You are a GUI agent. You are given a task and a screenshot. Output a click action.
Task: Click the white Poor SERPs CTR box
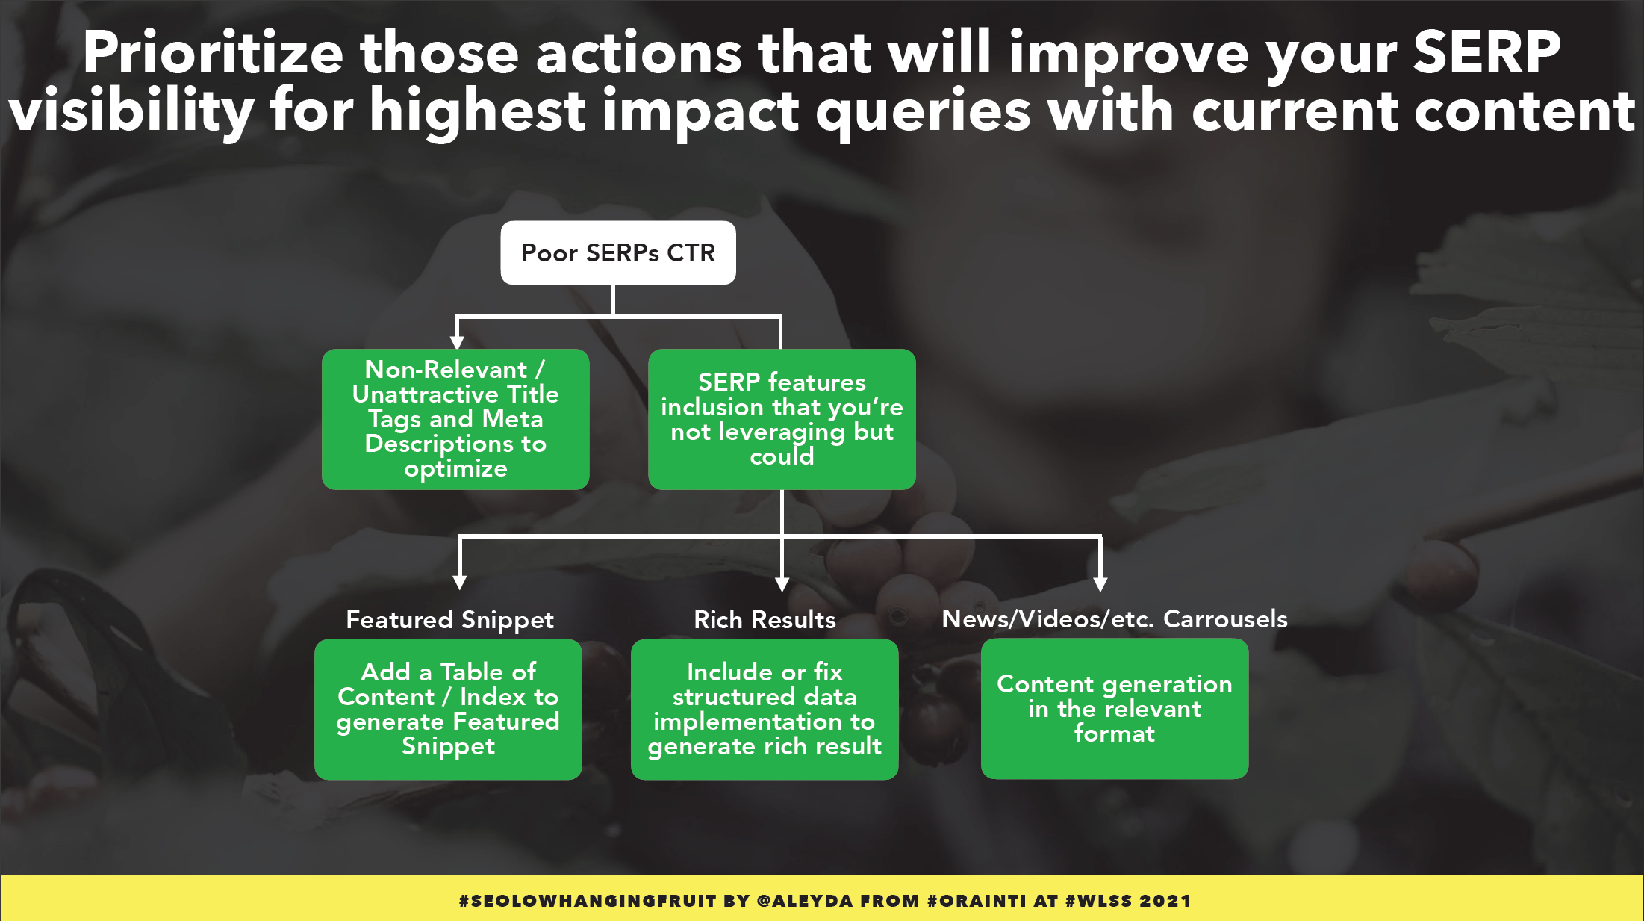[618, 252]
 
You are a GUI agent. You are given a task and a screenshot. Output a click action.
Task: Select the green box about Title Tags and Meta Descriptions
[455, 419]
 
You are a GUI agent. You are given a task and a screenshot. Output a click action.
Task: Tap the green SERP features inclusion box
[782, 419]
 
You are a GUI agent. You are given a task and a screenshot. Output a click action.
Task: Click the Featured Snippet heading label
[449, 620]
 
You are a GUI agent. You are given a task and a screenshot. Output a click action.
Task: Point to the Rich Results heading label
[765, 619]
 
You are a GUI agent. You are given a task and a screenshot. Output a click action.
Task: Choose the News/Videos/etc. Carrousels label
[1115, 618]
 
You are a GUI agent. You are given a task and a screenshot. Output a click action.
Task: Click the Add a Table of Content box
[448, 709]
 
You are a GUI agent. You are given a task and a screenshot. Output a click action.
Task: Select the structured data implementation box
[765, 709]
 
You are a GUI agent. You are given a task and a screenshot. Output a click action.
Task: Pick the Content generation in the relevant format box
[1115, 708]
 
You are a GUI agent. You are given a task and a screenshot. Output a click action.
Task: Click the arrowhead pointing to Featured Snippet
[460, 582]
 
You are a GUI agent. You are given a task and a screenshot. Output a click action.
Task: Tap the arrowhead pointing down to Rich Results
[782, 583]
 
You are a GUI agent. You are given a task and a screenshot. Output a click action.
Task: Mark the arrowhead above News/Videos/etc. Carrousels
[1100, 583]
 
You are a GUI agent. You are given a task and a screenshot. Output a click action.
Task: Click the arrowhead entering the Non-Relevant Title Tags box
[457, 341]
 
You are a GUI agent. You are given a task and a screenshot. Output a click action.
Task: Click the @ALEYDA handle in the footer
[805, 901]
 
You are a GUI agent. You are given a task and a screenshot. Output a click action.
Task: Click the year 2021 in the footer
[1165, 901]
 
